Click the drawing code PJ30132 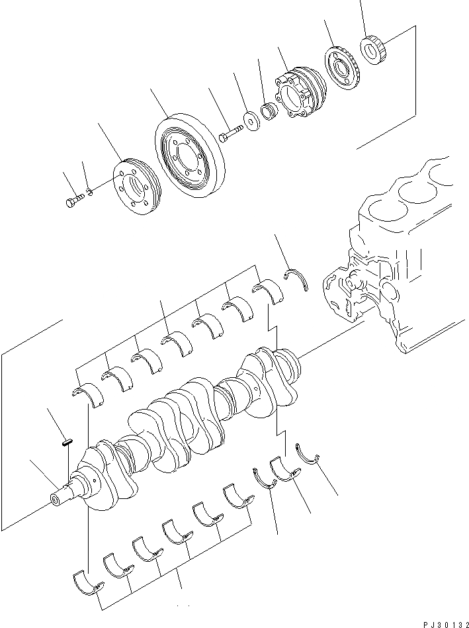click(443, 623)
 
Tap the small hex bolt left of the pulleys click(73, 200)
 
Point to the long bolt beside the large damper click(231, 135)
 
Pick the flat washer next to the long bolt click(253, 121)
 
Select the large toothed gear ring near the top click(342, 66)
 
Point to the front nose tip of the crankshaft click(56, 498)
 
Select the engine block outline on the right click(390, 265)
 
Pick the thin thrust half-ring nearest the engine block click(298, 279)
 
